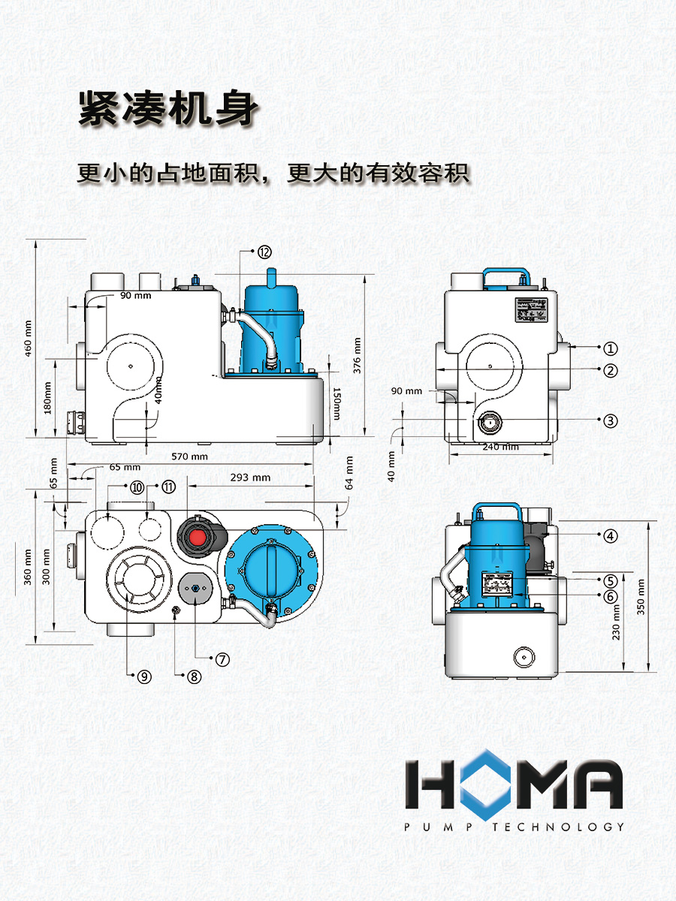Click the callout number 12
click(x=264, y=252)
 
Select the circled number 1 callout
click(x=611, y=348)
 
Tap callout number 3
click(x=611, y=420)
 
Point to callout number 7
click(x=222, y=660)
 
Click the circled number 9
click(x=144, y=677)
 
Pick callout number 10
click(x=137, y=487)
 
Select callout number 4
click(x=611, y=535)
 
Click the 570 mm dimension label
click(x=189, y=457)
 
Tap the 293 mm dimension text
click(x=250, y=478)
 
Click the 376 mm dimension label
click(x=357, y=355)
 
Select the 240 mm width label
click(x=500, y=447)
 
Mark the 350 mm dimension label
click(x=641, y=597)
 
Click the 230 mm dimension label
click(x=616, y=622)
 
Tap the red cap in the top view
click(x=198, y=537)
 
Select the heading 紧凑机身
click(x=168, y=108)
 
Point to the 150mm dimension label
click(x=336, y=403)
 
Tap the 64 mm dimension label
click(x=349, y=473)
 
